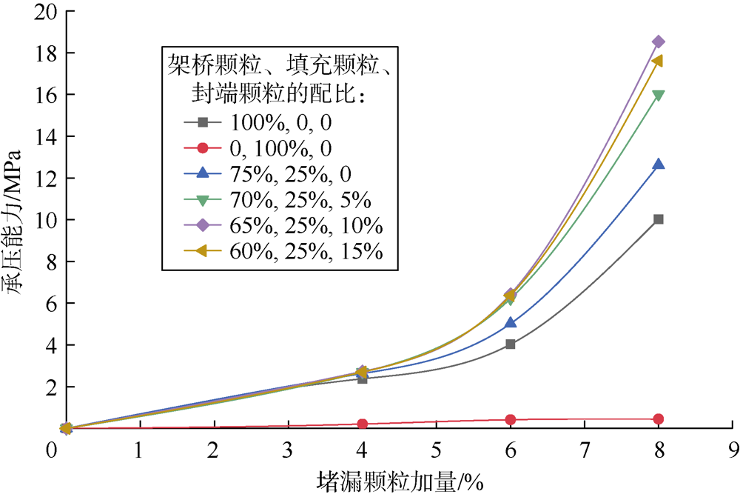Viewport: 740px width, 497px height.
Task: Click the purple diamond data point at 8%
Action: (x=658, y=41)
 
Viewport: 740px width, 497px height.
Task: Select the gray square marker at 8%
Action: (x=658, y=219)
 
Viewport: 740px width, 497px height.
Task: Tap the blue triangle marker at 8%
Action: (x=658, y=164)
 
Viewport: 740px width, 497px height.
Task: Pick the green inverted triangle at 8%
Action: (x=658, y=95)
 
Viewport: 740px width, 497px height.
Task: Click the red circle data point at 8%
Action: (x=658, y=419)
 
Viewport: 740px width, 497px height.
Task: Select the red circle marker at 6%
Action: (x=510, y=420)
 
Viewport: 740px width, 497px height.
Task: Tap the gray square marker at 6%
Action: (x=510, y=344)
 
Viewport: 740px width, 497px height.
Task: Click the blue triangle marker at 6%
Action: (x=510, y=323)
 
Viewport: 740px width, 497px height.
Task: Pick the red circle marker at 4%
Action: (x=362, y=424)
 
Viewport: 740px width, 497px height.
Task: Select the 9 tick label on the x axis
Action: (x=733, y=450)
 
